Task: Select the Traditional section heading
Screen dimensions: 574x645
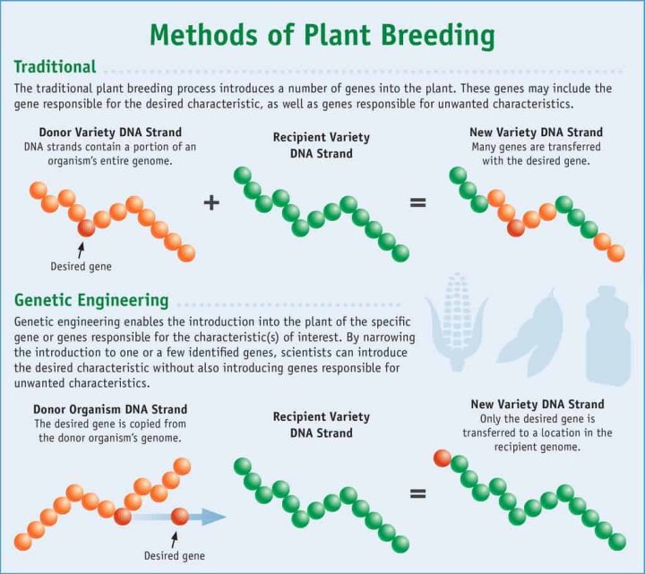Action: (55, 67)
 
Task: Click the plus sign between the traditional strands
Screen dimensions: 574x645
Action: (211, 202)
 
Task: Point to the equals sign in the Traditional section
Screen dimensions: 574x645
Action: (417, 202)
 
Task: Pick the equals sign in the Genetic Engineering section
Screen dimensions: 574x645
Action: (417, 493)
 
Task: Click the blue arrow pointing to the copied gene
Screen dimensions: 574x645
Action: (206, 517)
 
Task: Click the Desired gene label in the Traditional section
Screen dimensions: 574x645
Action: (80, 266)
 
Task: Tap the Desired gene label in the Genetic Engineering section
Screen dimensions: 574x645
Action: (175, 556)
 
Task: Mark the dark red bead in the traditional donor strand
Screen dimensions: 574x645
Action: (86, 227)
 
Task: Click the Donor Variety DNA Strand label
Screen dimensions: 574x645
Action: (99, 133)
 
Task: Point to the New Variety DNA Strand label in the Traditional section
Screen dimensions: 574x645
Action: (536, 133)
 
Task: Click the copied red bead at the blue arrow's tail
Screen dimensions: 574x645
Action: (180, 517)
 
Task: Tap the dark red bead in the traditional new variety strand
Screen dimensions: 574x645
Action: (516, 227)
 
